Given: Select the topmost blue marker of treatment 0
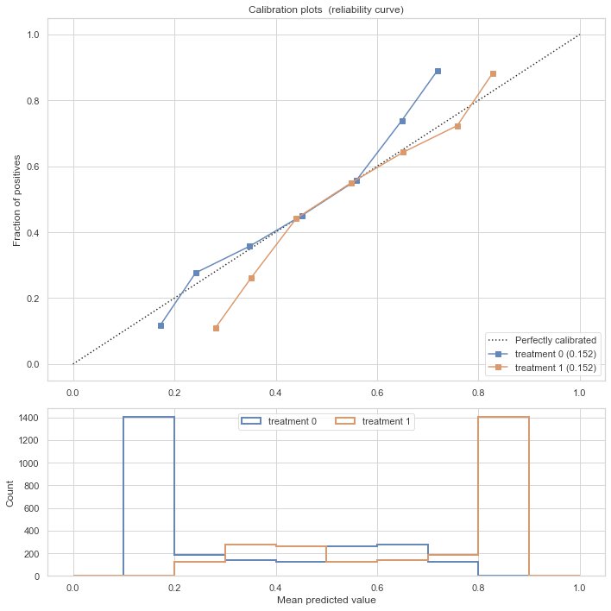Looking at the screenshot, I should pos(438,71).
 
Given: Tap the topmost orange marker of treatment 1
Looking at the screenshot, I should pos(493,73).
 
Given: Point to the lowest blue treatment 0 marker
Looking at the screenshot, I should pos(161,325).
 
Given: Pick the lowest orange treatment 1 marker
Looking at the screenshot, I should pos(216,328).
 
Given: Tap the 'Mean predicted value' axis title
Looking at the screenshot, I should pos(326,600).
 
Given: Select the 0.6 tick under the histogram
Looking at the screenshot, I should pos(377,588).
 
